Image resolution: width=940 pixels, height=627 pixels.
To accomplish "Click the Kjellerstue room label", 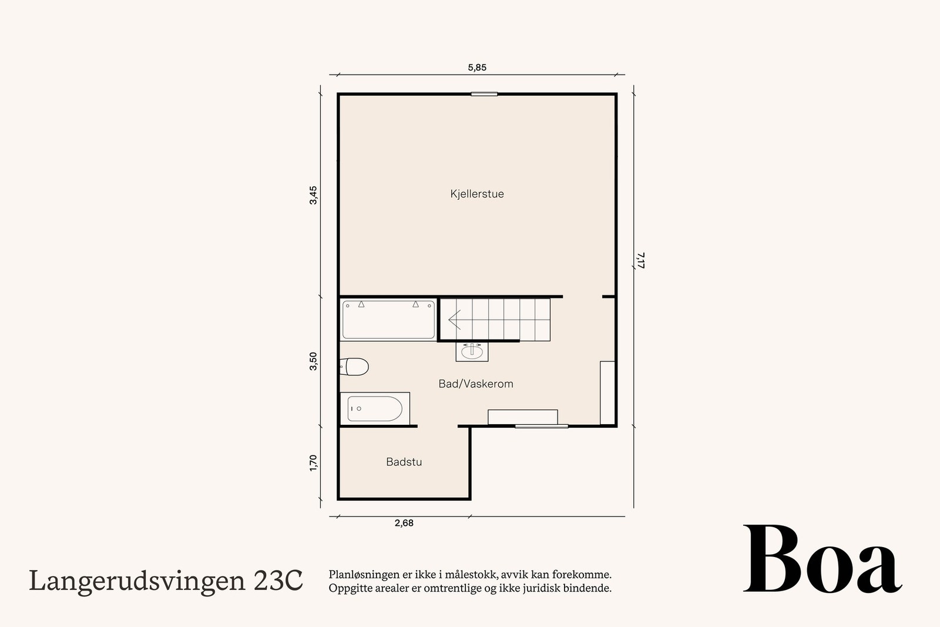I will point(476,194).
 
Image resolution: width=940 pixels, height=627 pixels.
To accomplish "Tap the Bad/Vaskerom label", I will point(475,384).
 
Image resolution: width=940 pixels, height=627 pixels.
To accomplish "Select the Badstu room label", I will point(404,462).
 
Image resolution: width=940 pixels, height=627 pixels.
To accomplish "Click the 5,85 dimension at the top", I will point(476,68).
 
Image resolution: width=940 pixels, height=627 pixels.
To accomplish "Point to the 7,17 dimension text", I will point(640,260).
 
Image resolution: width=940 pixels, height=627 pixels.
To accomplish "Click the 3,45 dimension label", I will point(314,195).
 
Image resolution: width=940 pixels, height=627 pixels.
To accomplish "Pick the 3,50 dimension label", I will point(314,361).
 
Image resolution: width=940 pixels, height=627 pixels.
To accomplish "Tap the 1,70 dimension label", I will point(314,462).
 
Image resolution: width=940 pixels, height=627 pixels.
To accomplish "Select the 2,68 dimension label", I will point(404,523).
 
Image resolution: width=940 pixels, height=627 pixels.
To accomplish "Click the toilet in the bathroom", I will point(354,367).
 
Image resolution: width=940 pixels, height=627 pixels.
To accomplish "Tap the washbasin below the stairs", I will point(472,351).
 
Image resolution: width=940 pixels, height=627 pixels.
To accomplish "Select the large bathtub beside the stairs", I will point(388,320).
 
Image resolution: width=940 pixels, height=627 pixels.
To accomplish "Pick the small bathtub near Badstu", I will point(375,408).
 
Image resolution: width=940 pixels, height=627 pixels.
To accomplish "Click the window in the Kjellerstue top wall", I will point(484,94).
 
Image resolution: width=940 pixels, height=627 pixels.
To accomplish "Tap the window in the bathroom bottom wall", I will point(541,426).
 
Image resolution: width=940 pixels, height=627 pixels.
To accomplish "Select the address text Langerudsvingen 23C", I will point(166,581).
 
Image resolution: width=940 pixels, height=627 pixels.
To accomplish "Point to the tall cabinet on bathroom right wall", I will point(607,393).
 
